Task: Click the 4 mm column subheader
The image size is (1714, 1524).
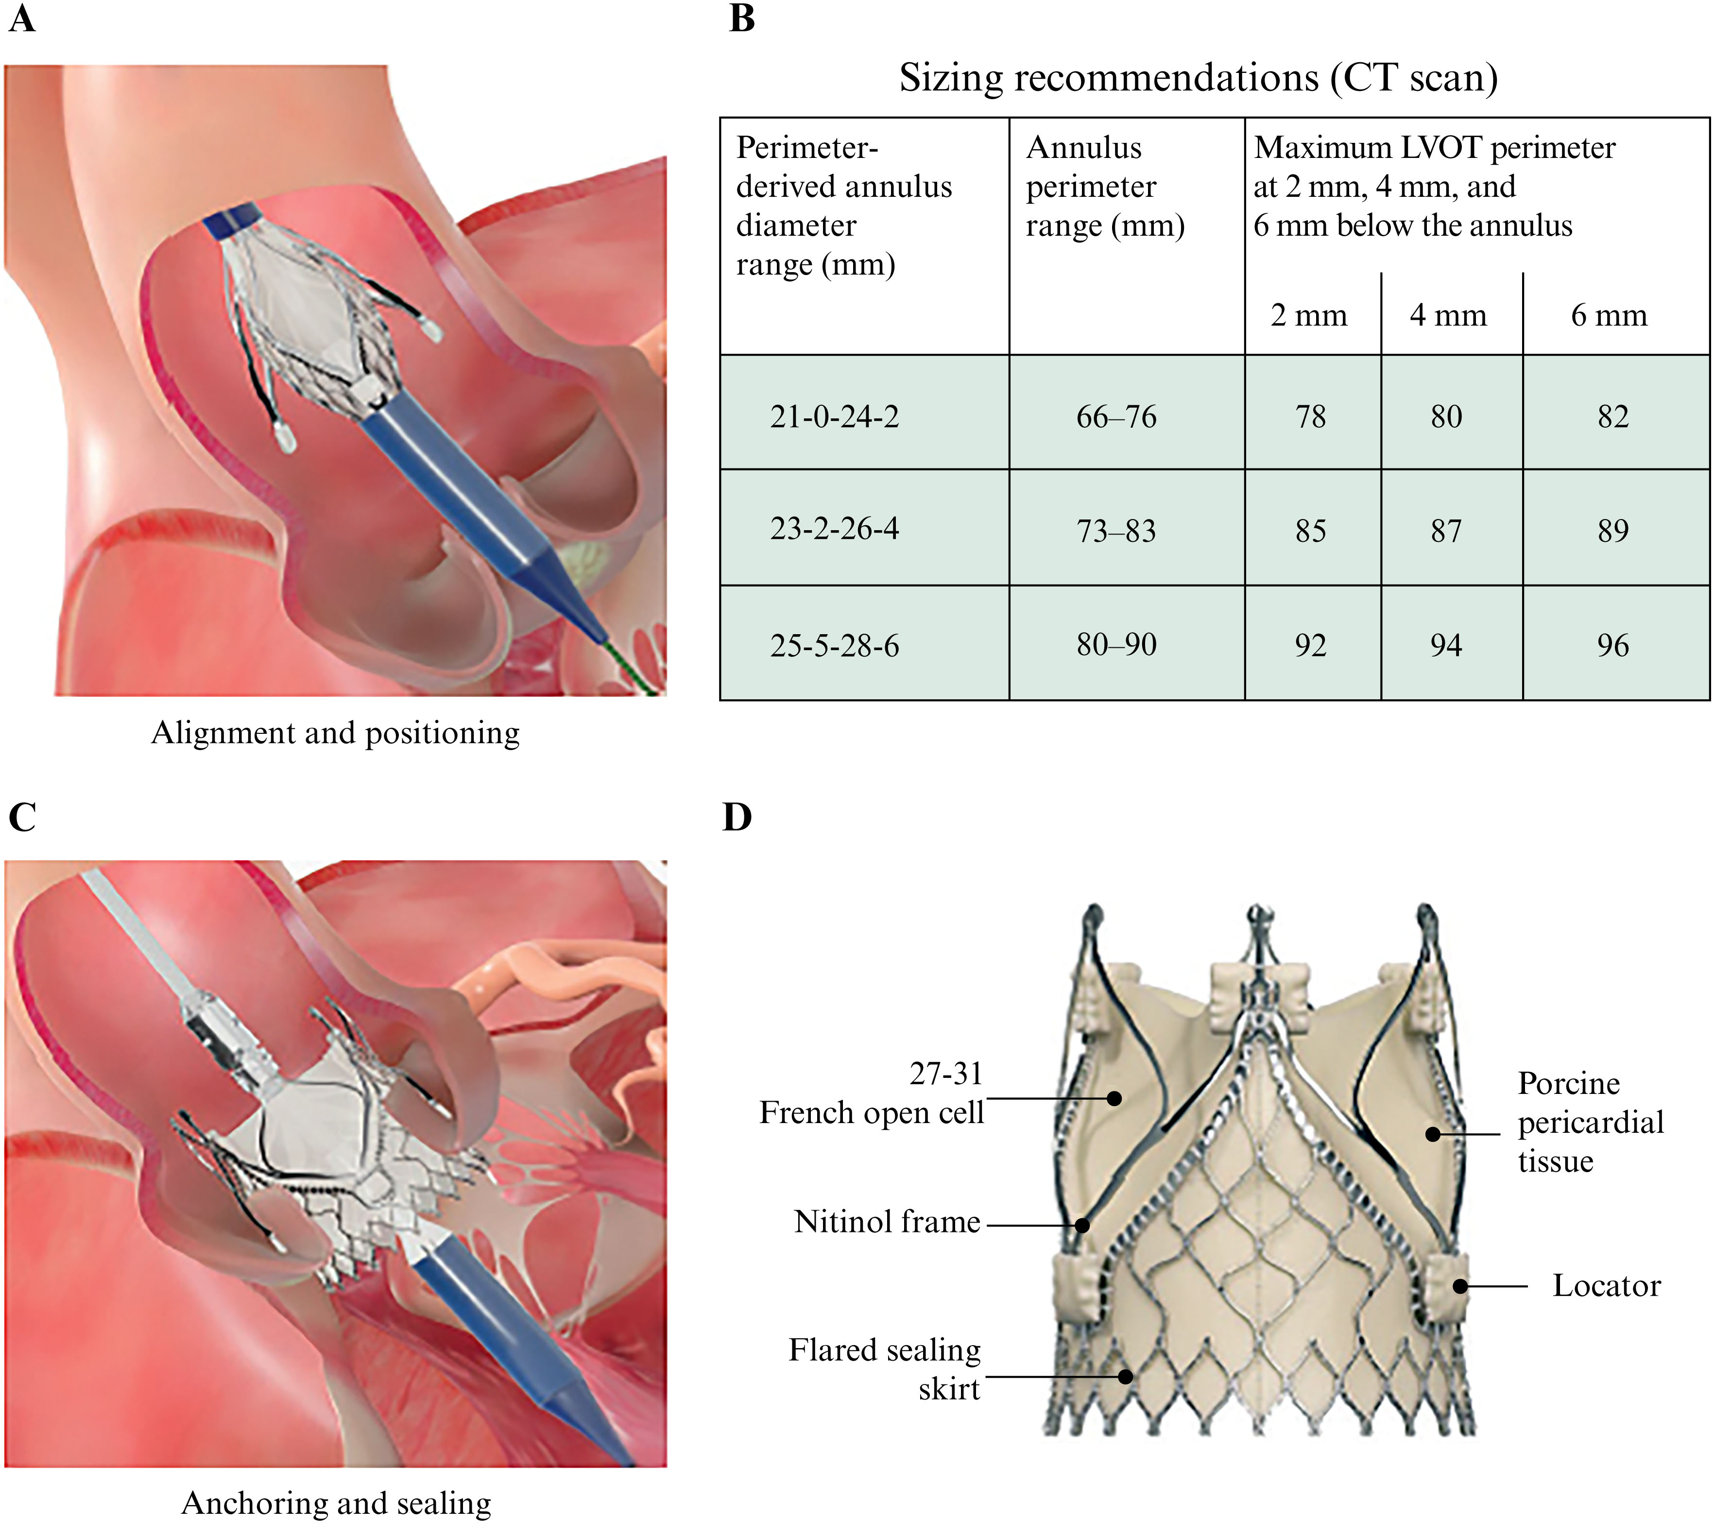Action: click(1448, 314)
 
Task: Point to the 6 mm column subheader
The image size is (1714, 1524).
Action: click(1609, 314)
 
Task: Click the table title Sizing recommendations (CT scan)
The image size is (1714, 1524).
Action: click(1198, 78)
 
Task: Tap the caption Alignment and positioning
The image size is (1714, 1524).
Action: click(335, 733)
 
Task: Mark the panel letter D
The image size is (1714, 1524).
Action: click(737, 817)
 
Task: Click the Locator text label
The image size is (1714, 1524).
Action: click(1606, 1286)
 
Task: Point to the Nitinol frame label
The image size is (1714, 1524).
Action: click(887, 1222)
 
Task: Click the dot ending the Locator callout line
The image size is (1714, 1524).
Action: click(1460, 1286)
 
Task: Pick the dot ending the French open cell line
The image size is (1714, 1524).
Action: click(1114, 1098)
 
